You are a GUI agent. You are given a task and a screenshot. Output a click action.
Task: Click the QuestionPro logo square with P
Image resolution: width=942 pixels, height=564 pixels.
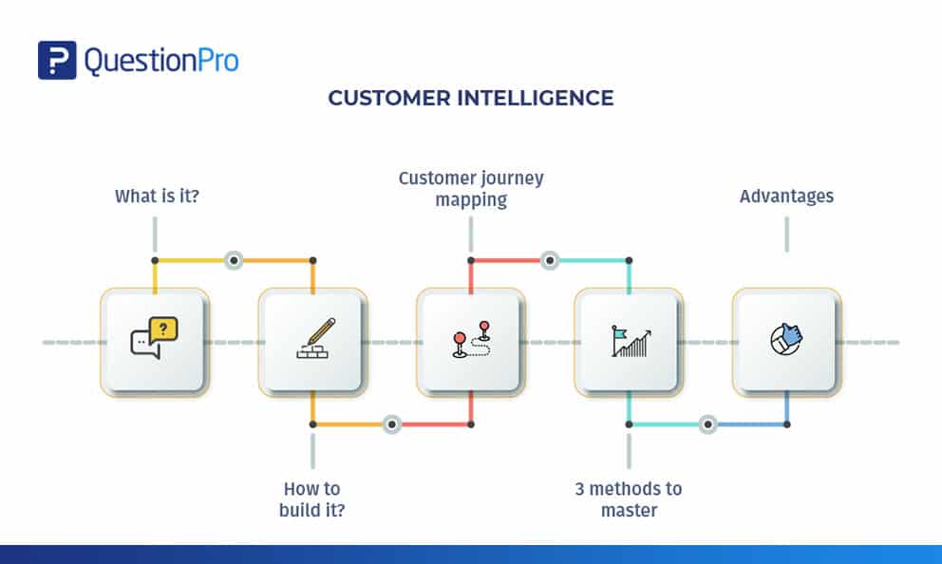[57, 60]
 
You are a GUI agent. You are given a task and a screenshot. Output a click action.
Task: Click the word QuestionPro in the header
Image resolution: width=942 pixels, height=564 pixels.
[161, 61]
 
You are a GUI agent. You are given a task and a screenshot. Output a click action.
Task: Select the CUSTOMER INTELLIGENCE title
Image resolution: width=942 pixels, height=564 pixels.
[471, 98]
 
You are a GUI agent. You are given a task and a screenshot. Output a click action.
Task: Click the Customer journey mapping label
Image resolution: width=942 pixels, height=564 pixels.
[471, 189]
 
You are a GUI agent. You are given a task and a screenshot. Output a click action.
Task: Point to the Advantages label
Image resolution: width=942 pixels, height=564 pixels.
[786, 197]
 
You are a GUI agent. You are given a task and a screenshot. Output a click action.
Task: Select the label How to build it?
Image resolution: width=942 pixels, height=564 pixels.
[311, 499]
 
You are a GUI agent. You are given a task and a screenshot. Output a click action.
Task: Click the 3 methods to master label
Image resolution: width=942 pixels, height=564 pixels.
[628, 499]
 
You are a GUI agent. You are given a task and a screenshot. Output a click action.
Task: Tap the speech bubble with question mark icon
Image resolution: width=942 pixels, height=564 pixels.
[154, 339]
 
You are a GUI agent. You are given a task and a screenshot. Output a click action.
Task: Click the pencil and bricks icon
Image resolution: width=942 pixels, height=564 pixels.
[312, 339]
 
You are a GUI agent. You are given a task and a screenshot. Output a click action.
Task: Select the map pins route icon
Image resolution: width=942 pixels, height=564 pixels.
[470, 341]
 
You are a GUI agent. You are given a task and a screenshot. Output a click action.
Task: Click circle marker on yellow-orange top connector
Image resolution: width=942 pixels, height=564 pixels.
[234, 259]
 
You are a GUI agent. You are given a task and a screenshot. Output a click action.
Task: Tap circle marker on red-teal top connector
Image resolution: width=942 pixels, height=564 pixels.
[549, 259]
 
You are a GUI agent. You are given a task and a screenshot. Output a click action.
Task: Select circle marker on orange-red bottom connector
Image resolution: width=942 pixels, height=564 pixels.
[391, 423]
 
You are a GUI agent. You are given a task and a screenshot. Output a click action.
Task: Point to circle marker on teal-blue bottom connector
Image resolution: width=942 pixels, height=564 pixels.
[707, 423]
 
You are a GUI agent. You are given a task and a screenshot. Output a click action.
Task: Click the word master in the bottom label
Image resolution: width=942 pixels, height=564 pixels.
[628, 511]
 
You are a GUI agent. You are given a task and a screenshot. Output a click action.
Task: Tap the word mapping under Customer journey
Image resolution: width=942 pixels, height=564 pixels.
[471, 200]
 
